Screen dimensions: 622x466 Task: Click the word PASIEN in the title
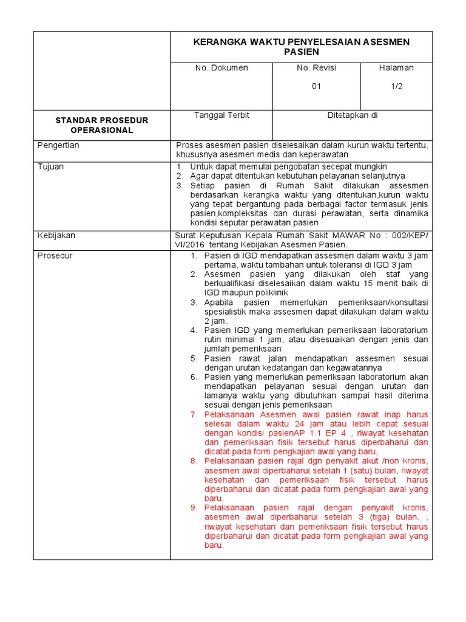[x=301, y=52]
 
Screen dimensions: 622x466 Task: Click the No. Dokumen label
[x=221, y=68]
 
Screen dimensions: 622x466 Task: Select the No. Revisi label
[x=316, y=68]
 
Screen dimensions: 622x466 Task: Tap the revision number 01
[x=316, y=86]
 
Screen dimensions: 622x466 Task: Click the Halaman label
[x=396, y=68]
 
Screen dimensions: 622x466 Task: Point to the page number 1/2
[x=396, y=86]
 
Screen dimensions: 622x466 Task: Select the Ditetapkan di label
[x=353, y=115]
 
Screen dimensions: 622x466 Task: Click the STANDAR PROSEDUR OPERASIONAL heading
[x=101, y=125]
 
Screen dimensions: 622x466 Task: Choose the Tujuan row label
[x=51, y=166]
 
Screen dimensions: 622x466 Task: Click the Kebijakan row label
[x=56, y=234]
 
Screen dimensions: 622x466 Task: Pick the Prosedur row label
[x=55, y=256]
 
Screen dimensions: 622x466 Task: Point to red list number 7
[x=194, y=414]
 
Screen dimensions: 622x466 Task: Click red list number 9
[x=194, y=507]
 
